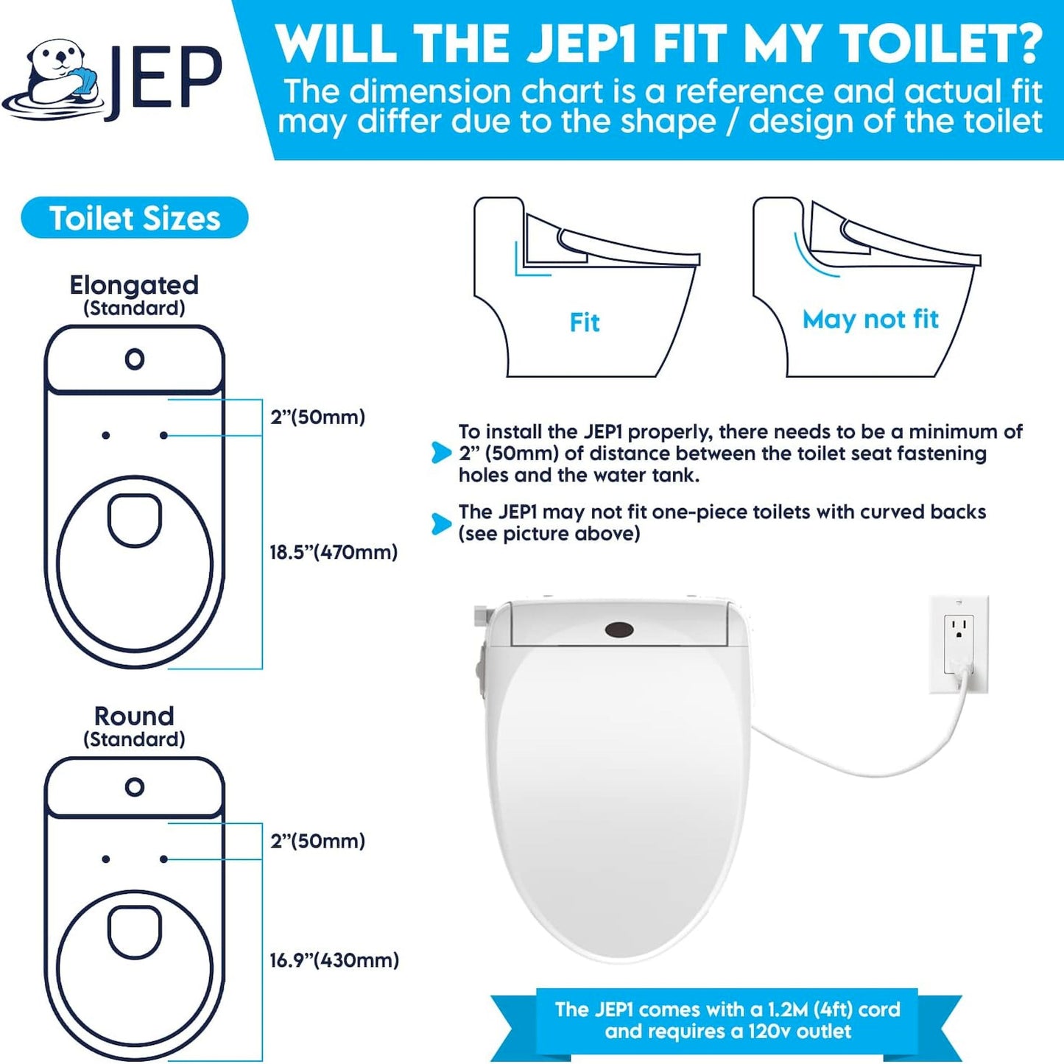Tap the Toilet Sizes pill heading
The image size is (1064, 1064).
click(x=135, y=218)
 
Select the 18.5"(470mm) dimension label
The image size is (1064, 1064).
click(x=334, y=552)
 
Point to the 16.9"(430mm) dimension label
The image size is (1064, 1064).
click(x=334, y=960)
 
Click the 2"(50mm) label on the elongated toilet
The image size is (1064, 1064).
click(x=317, y=418)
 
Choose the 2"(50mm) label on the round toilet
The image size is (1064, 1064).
click(x=317, y=841)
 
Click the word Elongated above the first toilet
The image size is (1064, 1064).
click(x=134, y=285)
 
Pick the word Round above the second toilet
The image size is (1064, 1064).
click(x=134, y=716)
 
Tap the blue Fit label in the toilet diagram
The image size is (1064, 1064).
click(x=585, y=323)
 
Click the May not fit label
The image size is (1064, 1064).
click(x=870, y=319)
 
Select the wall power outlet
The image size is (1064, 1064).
click(x=959, y=644)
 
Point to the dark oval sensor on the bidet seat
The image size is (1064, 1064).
click(x=619, y=630)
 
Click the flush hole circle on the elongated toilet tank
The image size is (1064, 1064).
click(x=135, y=359)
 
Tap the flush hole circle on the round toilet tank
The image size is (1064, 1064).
click(x=135, y=787)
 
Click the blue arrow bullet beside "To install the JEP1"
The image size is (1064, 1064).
click(x=441, y=452)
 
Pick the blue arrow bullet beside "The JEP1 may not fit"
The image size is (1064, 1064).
click(x=441, y=524)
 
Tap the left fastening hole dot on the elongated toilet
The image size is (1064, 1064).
click(x=106, y=436)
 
